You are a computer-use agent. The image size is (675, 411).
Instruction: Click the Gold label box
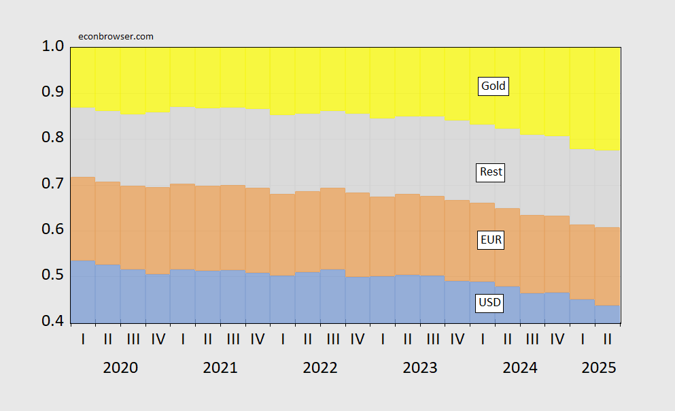494,86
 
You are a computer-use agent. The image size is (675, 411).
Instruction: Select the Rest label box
491,172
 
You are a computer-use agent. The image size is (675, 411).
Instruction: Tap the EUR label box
491,240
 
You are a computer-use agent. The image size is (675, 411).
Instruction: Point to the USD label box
490,303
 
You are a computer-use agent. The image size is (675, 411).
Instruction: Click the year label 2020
120,368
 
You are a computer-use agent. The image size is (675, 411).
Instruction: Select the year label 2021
220,368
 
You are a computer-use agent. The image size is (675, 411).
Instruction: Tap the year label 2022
320,368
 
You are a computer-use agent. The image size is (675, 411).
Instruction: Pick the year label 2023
420,368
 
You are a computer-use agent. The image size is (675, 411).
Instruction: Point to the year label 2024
520,368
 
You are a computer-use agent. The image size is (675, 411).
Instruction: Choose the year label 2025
599,368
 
